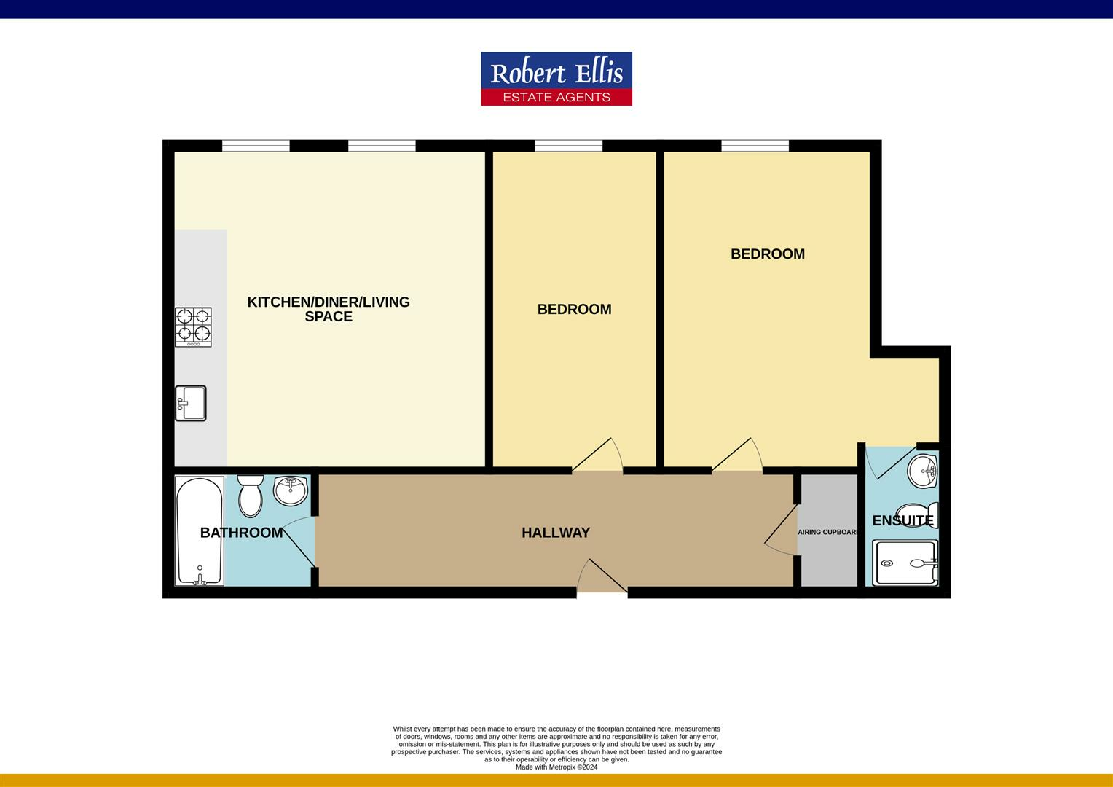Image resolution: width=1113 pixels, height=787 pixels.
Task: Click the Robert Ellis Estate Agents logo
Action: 556,79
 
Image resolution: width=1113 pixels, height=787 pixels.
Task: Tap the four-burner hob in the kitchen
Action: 193,326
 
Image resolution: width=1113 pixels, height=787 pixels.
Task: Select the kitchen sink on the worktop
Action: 191,403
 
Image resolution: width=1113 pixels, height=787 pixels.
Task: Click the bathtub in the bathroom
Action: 199,530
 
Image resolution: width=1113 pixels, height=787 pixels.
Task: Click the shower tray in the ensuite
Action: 905,563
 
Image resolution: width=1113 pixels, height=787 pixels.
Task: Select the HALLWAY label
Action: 555,533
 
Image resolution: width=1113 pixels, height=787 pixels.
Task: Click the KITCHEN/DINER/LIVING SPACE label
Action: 329,309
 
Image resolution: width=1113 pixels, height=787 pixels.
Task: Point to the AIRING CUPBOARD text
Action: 828,532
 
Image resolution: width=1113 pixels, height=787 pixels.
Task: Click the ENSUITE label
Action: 902,520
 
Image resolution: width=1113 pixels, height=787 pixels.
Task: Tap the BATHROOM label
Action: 241,533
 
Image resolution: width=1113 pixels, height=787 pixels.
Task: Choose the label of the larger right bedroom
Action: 767,254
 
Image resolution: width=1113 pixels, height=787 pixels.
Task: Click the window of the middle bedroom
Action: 568,146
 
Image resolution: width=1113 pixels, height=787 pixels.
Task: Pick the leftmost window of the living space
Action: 256,146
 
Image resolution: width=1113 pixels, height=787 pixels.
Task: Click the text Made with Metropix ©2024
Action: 556,767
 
